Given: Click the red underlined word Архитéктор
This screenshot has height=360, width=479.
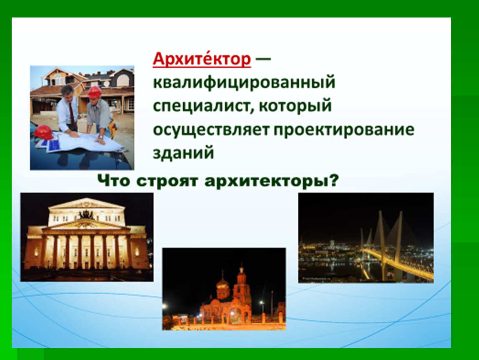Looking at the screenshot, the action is coord(202,59).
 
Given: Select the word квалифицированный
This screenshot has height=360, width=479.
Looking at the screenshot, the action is coord(244,82).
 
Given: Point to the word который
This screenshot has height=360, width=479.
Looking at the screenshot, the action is coord(295,106).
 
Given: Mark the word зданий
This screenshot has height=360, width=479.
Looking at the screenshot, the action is coord(183,153).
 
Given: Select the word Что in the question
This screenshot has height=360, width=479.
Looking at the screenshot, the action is coord(114,180).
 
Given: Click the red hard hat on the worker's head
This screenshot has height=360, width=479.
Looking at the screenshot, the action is coord(95,92).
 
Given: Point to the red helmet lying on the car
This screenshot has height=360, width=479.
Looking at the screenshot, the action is coord(43,132).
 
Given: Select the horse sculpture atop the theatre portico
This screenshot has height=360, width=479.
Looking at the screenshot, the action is coord(86,214).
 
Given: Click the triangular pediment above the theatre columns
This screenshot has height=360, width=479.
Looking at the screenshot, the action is coord(86,224).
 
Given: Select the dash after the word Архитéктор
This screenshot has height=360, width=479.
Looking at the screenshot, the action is coord(263,59).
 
